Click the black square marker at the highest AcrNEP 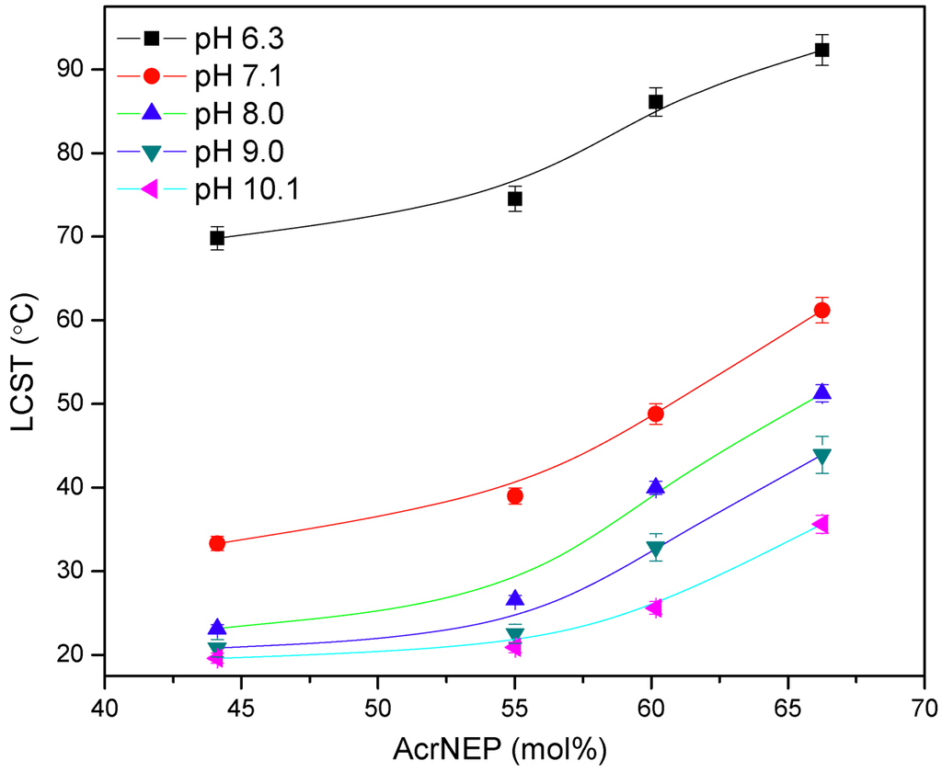(x=821, y=50)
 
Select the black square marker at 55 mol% (x=515, y=199)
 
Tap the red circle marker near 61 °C (x=821, y=311)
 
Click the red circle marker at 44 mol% (x=217, y=543)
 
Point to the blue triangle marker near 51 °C (x=821, y=392)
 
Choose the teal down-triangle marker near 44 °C (x=821, y=456)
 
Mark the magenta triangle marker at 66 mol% (x=821, y=524)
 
